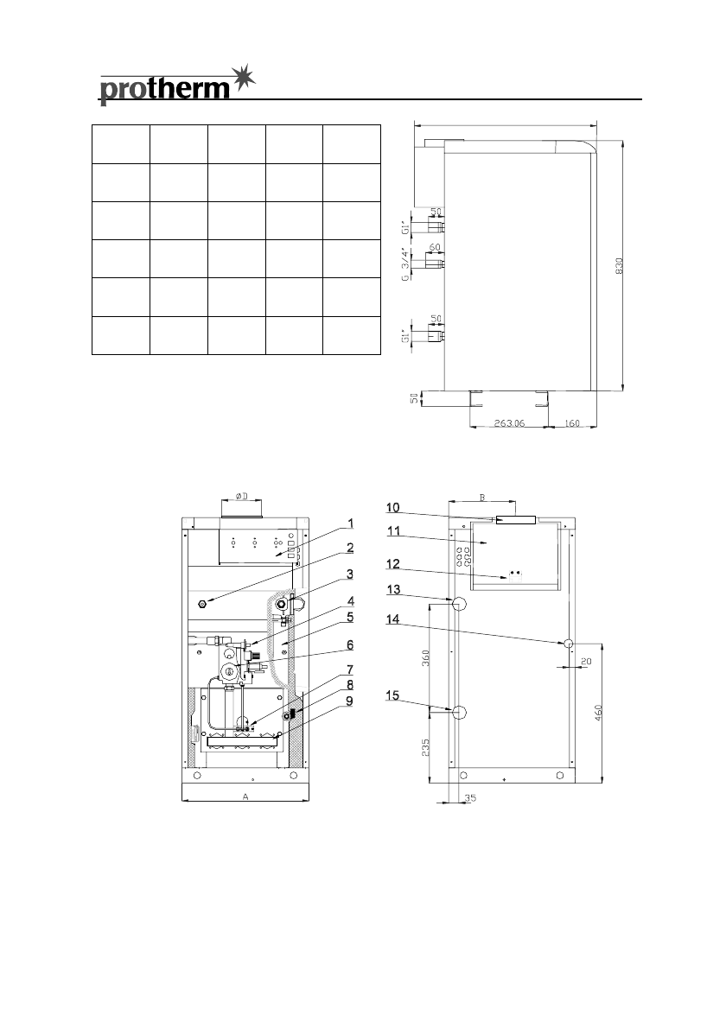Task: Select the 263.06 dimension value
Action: coord(508,424)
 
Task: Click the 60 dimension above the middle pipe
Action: coord(435,247)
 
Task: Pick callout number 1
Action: coord(352,523)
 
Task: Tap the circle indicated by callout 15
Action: coord(460,713)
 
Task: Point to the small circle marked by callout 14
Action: coord(568,644)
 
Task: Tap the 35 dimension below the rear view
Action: coord(468,800)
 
